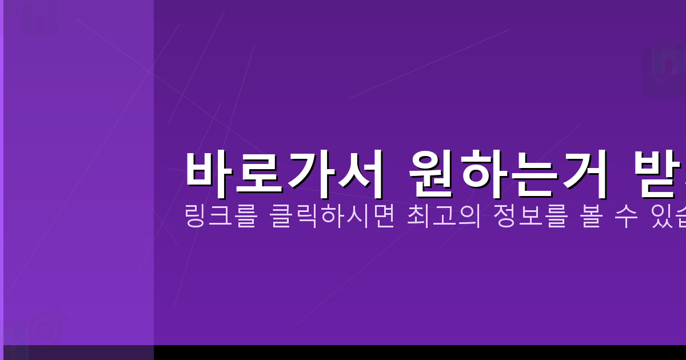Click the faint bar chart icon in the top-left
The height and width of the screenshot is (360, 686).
point(40,17)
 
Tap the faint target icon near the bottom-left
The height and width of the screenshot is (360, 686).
point(46,329)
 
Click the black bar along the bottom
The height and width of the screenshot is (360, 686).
point(400,353)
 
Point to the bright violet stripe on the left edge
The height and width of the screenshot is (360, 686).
point(2,171)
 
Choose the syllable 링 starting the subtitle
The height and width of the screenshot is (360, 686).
point(196,218)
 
